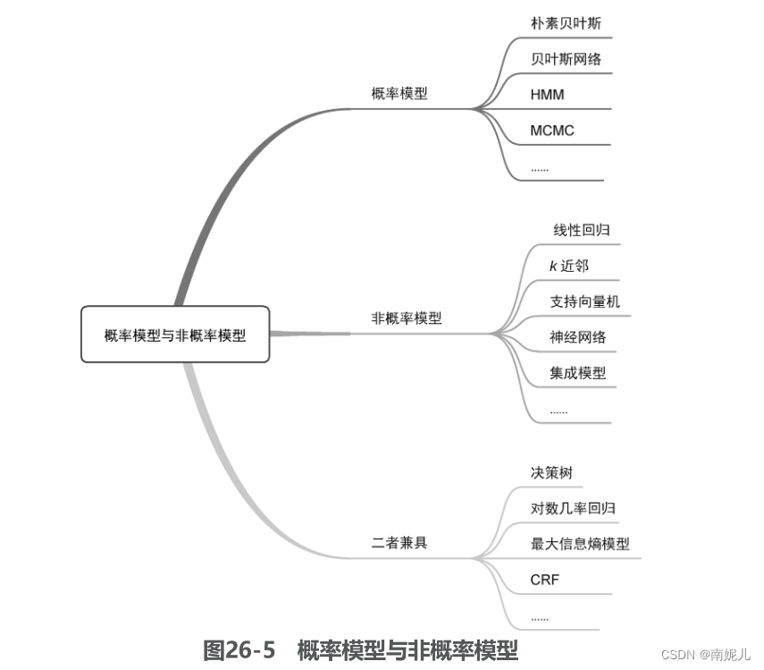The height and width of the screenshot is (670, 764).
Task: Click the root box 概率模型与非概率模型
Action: click(175, 335)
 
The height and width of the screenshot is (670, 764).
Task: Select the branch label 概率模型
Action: click(399, 94)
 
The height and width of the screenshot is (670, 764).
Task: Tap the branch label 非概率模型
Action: click(407, 318)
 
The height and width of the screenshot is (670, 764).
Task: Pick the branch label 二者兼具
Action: click(399, 542)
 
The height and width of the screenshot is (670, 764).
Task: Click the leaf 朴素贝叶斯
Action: click(566, 23)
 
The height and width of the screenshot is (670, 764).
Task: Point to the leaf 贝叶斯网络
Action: click(566, 59)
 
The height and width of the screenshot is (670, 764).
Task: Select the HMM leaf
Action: click(547, 94)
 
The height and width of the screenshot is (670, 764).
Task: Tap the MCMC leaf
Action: click(552, 130)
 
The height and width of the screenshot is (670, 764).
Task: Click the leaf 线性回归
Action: click(582, 230)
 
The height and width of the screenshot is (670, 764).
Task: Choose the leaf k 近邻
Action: click(569, 266)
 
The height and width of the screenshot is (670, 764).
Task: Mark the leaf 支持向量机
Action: click(584, 301)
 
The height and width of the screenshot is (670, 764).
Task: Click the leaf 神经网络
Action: click(578, 337)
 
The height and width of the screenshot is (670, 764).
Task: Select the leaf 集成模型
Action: click(578, 373)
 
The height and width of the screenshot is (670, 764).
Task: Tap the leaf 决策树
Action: click(551, 472)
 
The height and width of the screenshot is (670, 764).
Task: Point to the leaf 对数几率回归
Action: click(573, 508)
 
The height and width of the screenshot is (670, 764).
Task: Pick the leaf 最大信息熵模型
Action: click(580, 544)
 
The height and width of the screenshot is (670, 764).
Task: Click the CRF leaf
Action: click(544, 580)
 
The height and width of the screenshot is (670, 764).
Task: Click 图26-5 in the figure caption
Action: click(239, 650)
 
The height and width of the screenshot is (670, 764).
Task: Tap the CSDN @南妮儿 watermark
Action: click(706, 655)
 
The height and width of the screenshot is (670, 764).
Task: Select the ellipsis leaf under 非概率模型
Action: click(559, 411)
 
